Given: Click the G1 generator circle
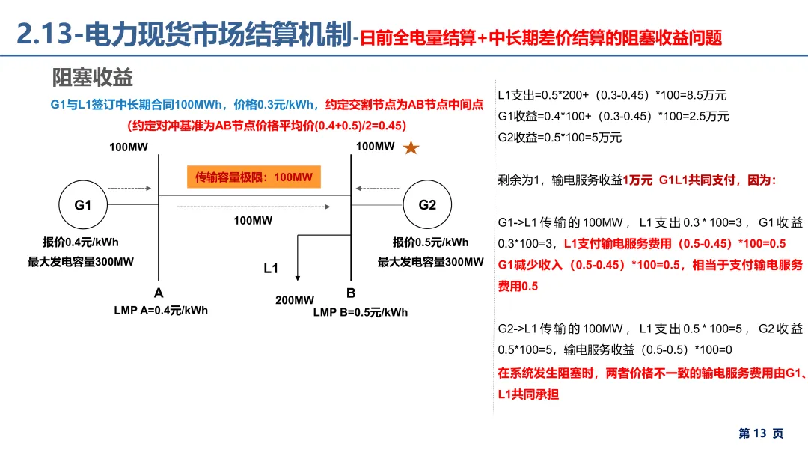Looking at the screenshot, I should coord(82,205).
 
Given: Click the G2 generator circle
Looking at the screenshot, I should coord(427,205).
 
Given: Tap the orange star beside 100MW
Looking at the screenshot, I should coord(411,148).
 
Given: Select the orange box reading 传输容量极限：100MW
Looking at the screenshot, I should coord(254,177).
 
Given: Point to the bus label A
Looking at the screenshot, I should coord(159,293).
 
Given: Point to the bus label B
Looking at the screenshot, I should coord(350,293).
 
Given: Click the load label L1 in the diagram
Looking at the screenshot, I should coord(271,268).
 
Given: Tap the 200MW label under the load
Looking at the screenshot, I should coord(295,300).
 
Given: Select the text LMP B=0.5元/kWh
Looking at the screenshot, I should coord(361,312).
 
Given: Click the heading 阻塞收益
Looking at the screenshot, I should coord(93,76).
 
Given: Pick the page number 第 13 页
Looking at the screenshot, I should coord(761,433).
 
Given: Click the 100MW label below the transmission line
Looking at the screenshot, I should coord(253,221).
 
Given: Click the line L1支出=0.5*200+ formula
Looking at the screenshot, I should coord(612,95).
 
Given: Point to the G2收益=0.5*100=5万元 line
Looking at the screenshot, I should coord(560,137).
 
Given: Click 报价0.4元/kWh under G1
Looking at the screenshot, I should coord(81,242).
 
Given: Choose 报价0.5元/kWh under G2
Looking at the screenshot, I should coord(430,242).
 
